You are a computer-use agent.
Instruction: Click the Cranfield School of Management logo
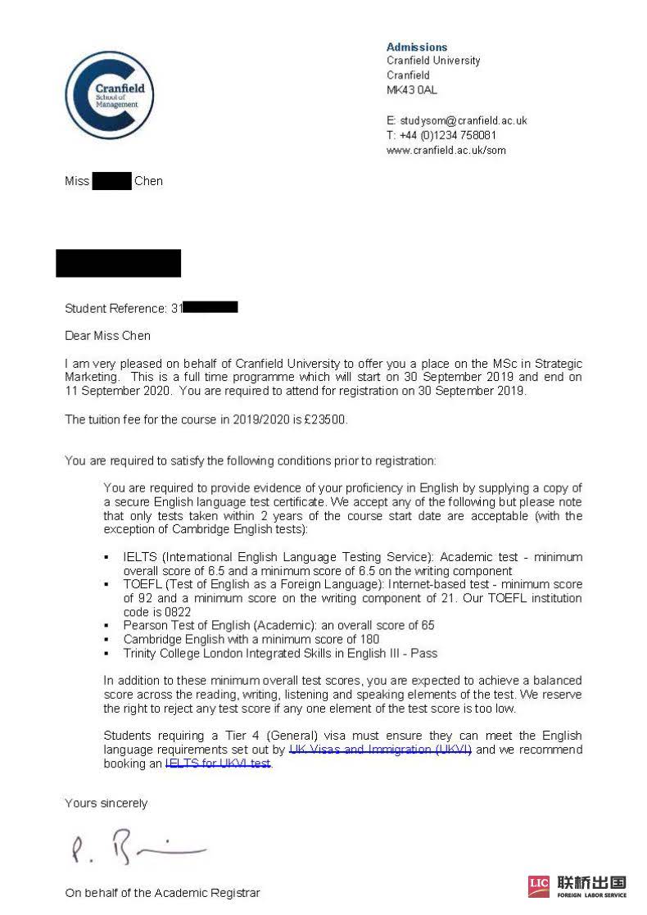pyautogui.click(x=109, y=94)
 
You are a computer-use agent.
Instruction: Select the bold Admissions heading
pyautogui.click(x=417, y=47)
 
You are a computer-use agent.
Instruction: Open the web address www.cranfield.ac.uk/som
pyautogui.click(x=446, y=150)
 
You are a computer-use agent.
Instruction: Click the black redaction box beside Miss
pyautogui.click(x=111, y=181)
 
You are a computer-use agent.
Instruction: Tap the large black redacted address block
pyautogui.click(x=118, y=263)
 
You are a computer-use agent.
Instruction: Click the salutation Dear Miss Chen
pyautogui.click(x=107, y=335)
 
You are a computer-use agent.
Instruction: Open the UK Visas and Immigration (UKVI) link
pyautogui.click(x=380, y=750)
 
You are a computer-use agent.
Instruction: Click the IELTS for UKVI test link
pyautogui.click(x=218, y=763)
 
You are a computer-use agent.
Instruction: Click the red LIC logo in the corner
pyautogui.click(x=539, y=886)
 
